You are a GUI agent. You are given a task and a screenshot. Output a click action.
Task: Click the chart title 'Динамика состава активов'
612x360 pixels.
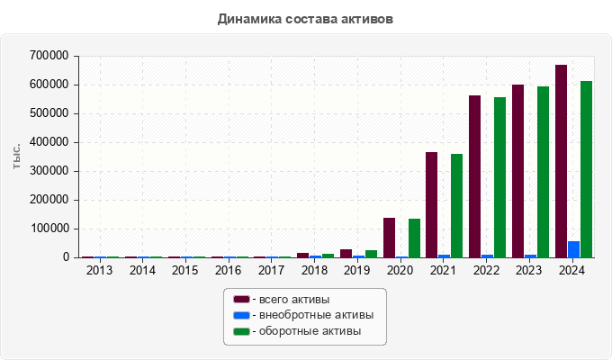tap(305, 18)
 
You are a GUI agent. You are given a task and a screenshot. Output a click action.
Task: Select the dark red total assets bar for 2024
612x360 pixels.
tap(561, 161)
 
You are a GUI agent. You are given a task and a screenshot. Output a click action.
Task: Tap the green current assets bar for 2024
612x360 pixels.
tap(586, 169)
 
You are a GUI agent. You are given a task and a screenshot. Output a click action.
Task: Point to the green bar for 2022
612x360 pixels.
tap(499, 177)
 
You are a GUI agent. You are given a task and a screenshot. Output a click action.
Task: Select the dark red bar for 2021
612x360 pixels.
tap(431, 204)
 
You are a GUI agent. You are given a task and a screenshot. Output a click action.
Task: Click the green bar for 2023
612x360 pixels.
tap(543, 172)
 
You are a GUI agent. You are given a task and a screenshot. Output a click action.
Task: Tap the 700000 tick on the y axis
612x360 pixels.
tap(49, 56)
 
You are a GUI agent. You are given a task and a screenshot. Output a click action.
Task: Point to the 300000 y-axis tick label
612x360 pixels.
tap(49, 171)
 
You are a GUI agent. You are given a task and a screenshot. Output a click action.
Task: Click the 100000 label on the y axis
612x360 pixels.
tap(49, 229)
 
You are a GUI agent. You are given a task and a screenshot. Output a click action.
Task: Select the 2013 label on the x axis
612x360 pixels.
tap(99, 270)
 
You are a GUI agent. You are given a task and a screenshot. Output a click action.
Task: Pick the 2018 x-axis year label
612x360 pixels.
tap(314, 270)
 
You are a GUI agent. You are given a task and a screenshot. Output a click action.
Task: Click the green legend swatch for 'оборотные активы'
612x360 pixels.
tap(241, 331)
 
